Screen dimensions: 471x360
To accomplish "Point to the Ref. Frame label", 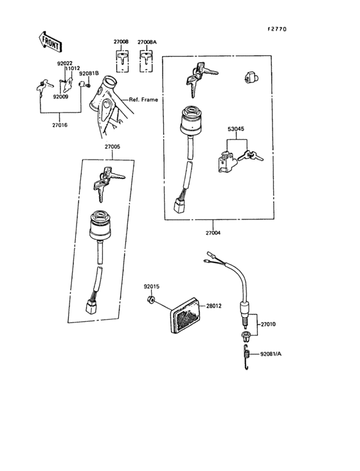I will coord(145,100).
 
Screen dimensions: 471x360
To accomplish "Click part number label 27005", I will coord(113,147).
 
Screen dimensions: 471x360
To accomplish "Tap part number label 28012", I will coord(213,306).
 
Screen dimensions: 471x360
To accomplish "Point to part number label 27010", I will coord(268,325).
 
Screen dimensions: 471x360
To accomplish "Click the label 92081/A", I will coord(273,354).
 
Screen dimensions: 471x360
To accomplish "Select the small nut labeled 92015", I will coord(148,299).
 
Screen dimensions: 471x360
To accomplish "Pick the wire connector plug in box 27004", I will coord(179,205).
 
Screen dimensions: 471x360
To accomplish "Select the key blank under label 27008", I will coord(122,61).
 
